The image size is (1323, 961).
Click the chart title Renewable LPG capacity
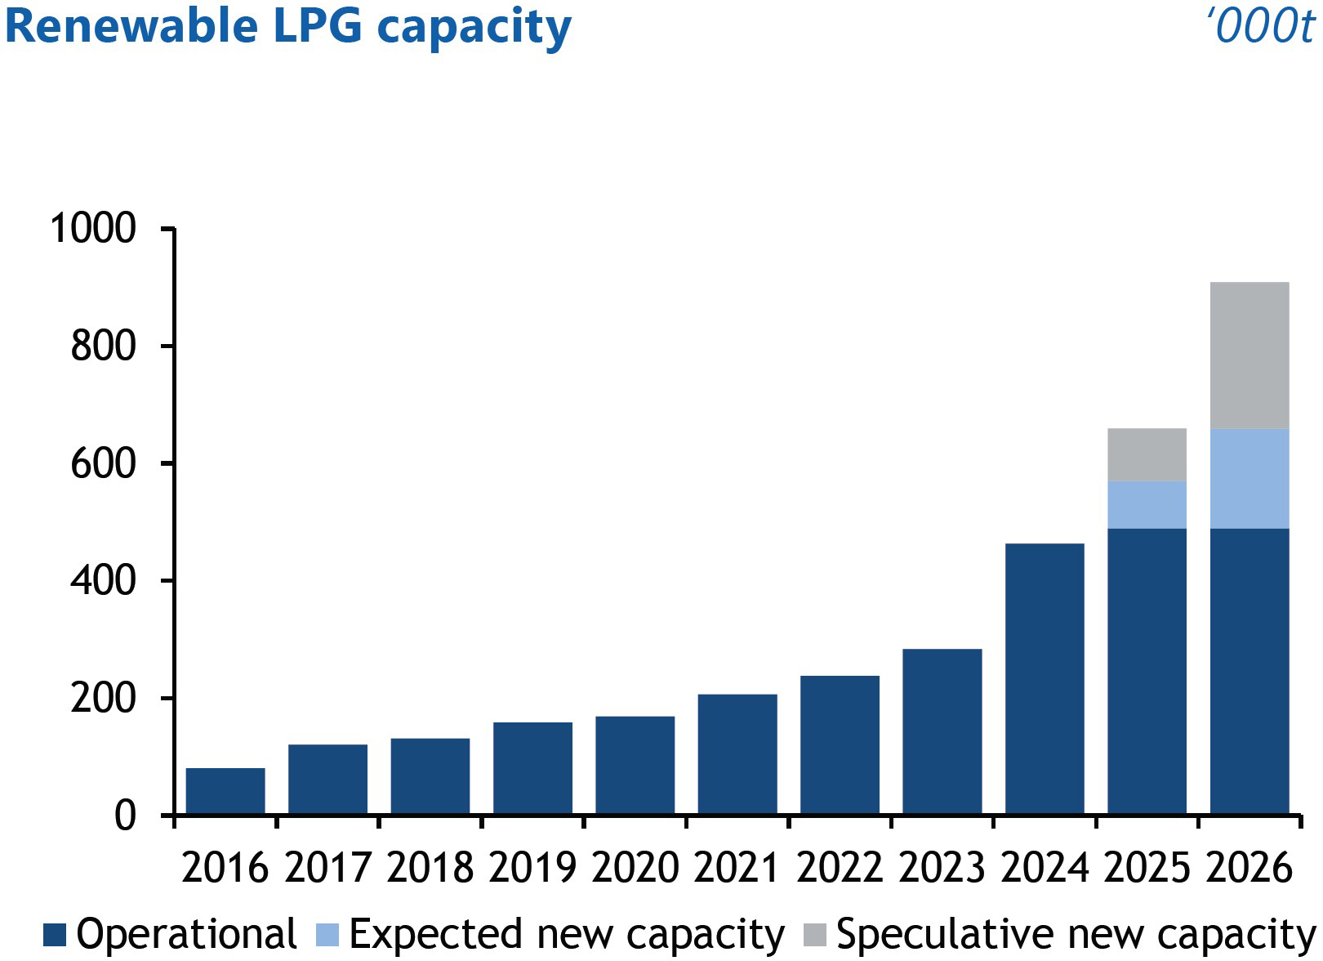click(287, 26)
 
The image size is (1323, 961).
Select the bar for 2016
click(225, 791)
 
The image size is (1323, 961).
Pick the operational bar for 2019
click(532, 768)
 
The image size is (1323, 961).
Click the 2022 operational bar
click(840, 744)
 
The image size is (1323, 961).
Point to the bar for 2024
click(1045, 678)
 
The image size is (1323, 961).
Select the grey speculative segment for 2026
click(1249, 355)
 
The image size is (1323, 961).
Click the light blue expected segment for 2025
click(1147, 505)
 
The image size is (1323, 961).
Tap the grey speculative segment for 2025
click(1147, 454)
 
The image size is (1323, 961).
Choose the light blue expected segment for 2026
click(1249, 479)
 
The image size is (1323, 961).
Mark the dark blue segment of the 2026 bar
click(1249, 671)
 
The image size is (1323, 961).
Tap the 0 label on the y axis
click(125, 816)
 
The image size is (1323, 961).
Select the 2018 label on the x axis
click(430, 868)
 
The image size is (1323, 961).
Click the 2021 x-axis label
click(737, 868)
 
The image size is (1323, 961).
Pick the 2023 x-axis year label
click(942, 868)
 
